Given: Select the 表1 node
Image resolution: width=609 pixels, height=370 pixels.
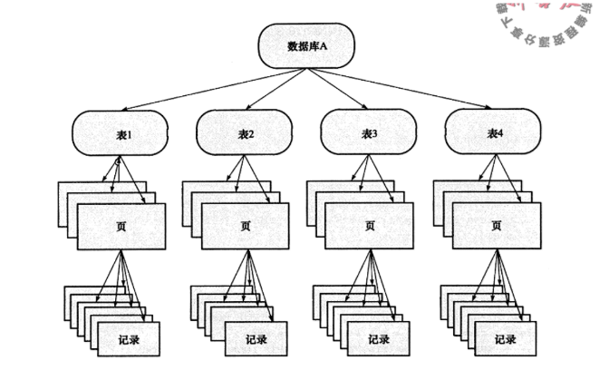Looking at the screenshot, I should [123, 133].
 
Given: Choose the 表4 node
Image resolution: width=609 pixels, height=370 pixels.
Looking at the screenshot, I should [495, 133].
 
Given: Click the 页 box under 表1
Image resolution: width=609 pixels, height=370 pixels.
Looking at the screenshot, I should [121, 227].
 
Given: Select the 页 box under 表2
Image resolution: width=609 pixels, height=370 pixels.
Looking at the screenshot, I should [245, 227].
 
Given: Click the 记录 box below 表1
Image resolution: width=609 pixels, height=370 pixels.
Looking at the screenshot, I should [129, 340].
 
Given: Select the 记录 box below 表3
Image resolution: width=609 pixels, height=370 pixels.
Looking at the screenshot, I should [378, 340].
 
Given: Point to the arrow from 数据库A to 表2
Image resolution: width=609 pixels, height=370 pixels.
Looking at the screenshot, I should [272, 89].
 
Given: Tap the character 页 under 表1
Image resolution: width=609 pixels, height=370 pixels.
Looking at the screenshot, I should [121, 228].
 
